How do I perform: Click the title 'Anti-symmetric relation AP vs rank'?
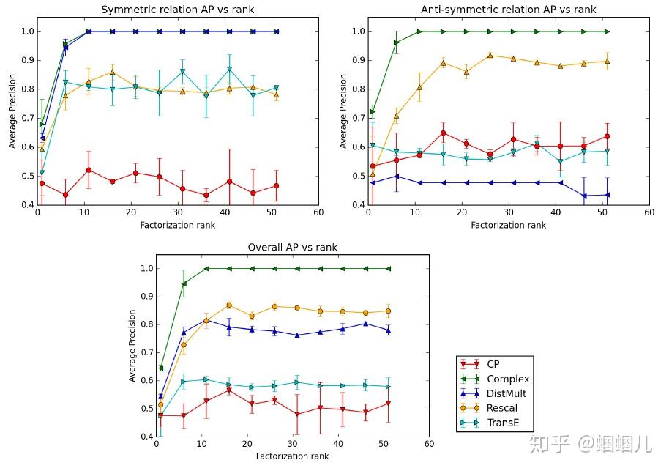click(x=508, y=10)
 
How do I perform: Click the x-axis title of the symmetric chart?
click(x=178, y=225)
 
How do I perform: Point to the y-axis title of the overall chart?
click(x=132, y=345)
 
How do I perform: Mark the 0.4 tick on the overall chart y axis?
click(x=146, y=437)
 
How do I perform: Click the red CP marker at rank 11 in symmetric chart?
click(x=89, y=170)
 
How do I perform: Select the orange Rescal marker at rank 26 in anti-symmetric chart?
click(x=490, y=55)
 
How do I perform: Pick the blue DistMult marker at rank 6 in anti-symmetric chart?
click(x=396, y=176)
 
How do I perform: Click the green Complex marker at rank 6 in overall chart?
click(x=184, y=283)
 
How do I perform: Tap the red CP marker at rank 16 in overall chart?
click(x=229, y=390)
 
